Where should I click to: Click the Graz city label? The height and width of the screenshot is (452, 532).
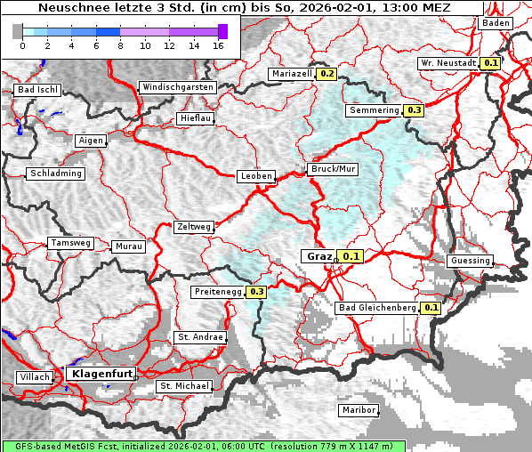(x=318, y=256)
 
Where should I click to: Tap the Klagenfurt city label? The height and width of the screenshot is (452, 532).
(x=101, y=374)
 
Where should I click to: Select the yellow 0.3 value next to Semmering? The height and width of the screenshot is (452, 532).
(x=413, y=110)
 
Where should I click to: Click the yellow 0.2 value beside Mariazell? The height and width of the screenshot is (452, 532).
(x=326, y=74)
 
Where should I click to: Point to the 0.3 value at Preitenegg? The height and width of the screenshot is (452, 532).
(x=257, y=291)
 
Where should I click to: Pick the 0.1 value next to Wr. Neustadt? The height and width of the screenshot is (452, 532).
(x=490, y=63)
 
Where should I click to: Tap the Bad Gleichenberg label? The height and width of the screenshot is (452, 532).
(x=377, y=308)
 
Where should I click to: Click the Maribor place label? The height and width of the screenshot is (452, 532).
(x=359, y=410)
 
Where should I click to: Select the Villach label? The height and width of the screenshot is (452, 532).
(x=34, y=377)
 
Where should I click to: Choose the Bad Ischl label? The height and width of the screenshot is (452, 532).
(x=37, y=90)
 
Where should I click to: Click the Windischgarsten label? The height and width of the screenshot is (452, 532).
(x=177, y=87)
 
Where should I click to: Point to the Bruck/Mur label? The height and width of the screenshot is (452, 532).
(x=332, y=168)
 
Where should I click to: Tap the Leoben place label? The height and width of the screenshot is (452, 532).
(x=256, y=176)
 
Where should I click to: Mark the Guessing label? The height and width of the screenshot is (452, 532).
(x=470, y=261)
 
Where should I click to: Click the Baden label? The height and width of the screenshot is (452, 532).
(x=496, y=23)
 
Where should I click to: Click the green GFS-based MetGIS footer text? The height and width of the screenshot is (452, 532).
(x=203, y=446)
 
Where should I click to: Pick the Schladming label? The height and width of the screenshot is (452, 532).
(x=56, y=174)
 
